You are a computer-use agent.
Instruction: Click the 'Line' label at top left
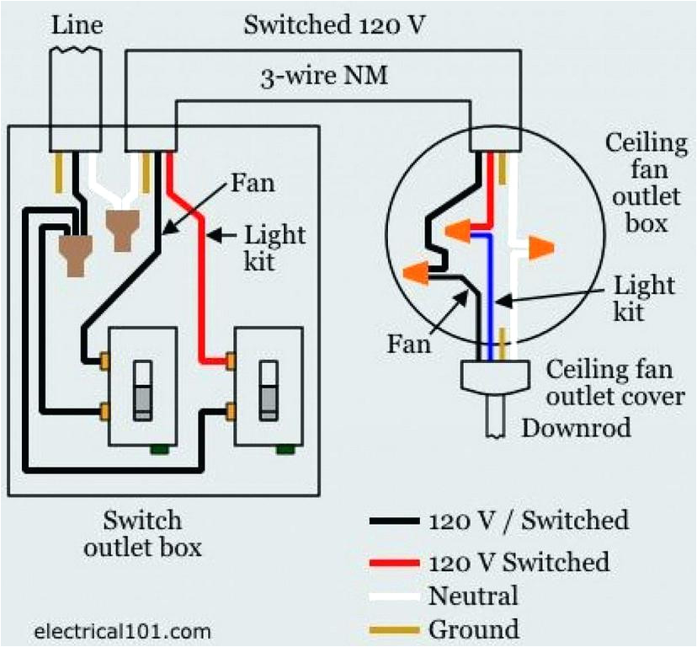(77, 25)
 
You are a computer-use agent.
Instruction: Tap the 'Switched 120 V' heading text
(334, 25)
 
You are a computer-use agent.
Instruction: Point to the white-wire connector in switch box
(120, 229)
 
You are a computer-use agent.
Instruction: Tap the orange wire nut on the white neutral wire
(539, 248)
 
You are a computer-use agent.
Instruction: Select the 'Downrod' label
(576, 427)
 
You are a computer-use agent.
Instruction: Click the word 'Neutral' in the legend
(473, 596)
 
